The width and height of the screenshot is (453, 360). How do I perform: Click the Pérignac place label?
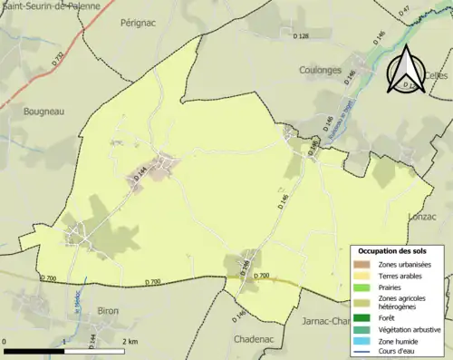[140, 24]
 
